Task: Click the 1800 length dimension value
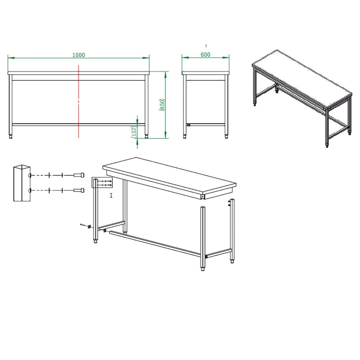click(x=78, y=55)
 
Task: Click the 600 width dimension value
click(x=206, y=54)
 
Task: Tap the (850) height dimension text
click(x=162, y=105)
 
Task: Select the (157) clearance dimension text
click(x=134, y=132)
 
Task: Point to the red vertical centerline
click(x=79, y=101)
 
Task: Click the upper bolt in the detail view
click(x=79, y=175)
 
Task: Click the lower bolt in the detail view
click(x=79, y=190)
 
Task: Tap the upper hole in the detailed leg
click(x=30, y=175)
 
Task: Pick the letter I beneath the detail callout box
click(x=111, y=195)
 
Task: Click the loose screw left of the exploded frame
click(x=83, y=225)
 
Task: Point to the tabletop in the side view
click(x=206, y=73)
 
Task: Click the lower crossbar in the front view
click(x=78, y=125)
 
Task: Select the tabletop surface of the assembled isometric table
click(x=302, y=77)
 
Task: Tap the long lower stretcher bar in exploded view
click(x=155, y=243)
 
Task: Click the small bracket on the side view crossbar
click(x=188, y=125)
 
